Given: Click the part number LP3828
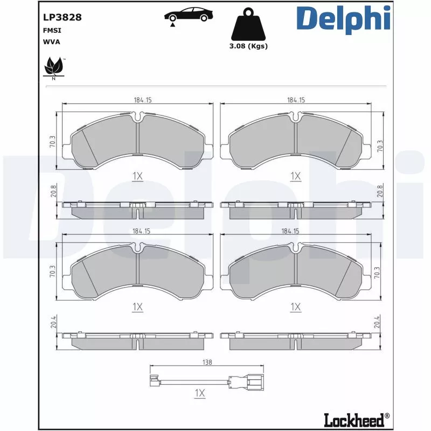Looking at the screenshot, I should [x=62, y=17].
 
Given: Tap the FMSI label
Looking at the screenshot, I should [x=51, y=30].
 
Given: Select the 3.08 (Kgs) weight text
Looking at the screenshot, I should [x=248, y=46].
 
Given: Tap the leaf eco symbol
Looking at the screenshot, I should [x=53, y=67].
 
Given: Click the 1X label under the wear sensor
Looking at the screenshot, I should [x=200, y=393].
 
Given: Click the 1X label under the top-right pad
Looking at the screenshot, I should [x=295, y=176].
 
